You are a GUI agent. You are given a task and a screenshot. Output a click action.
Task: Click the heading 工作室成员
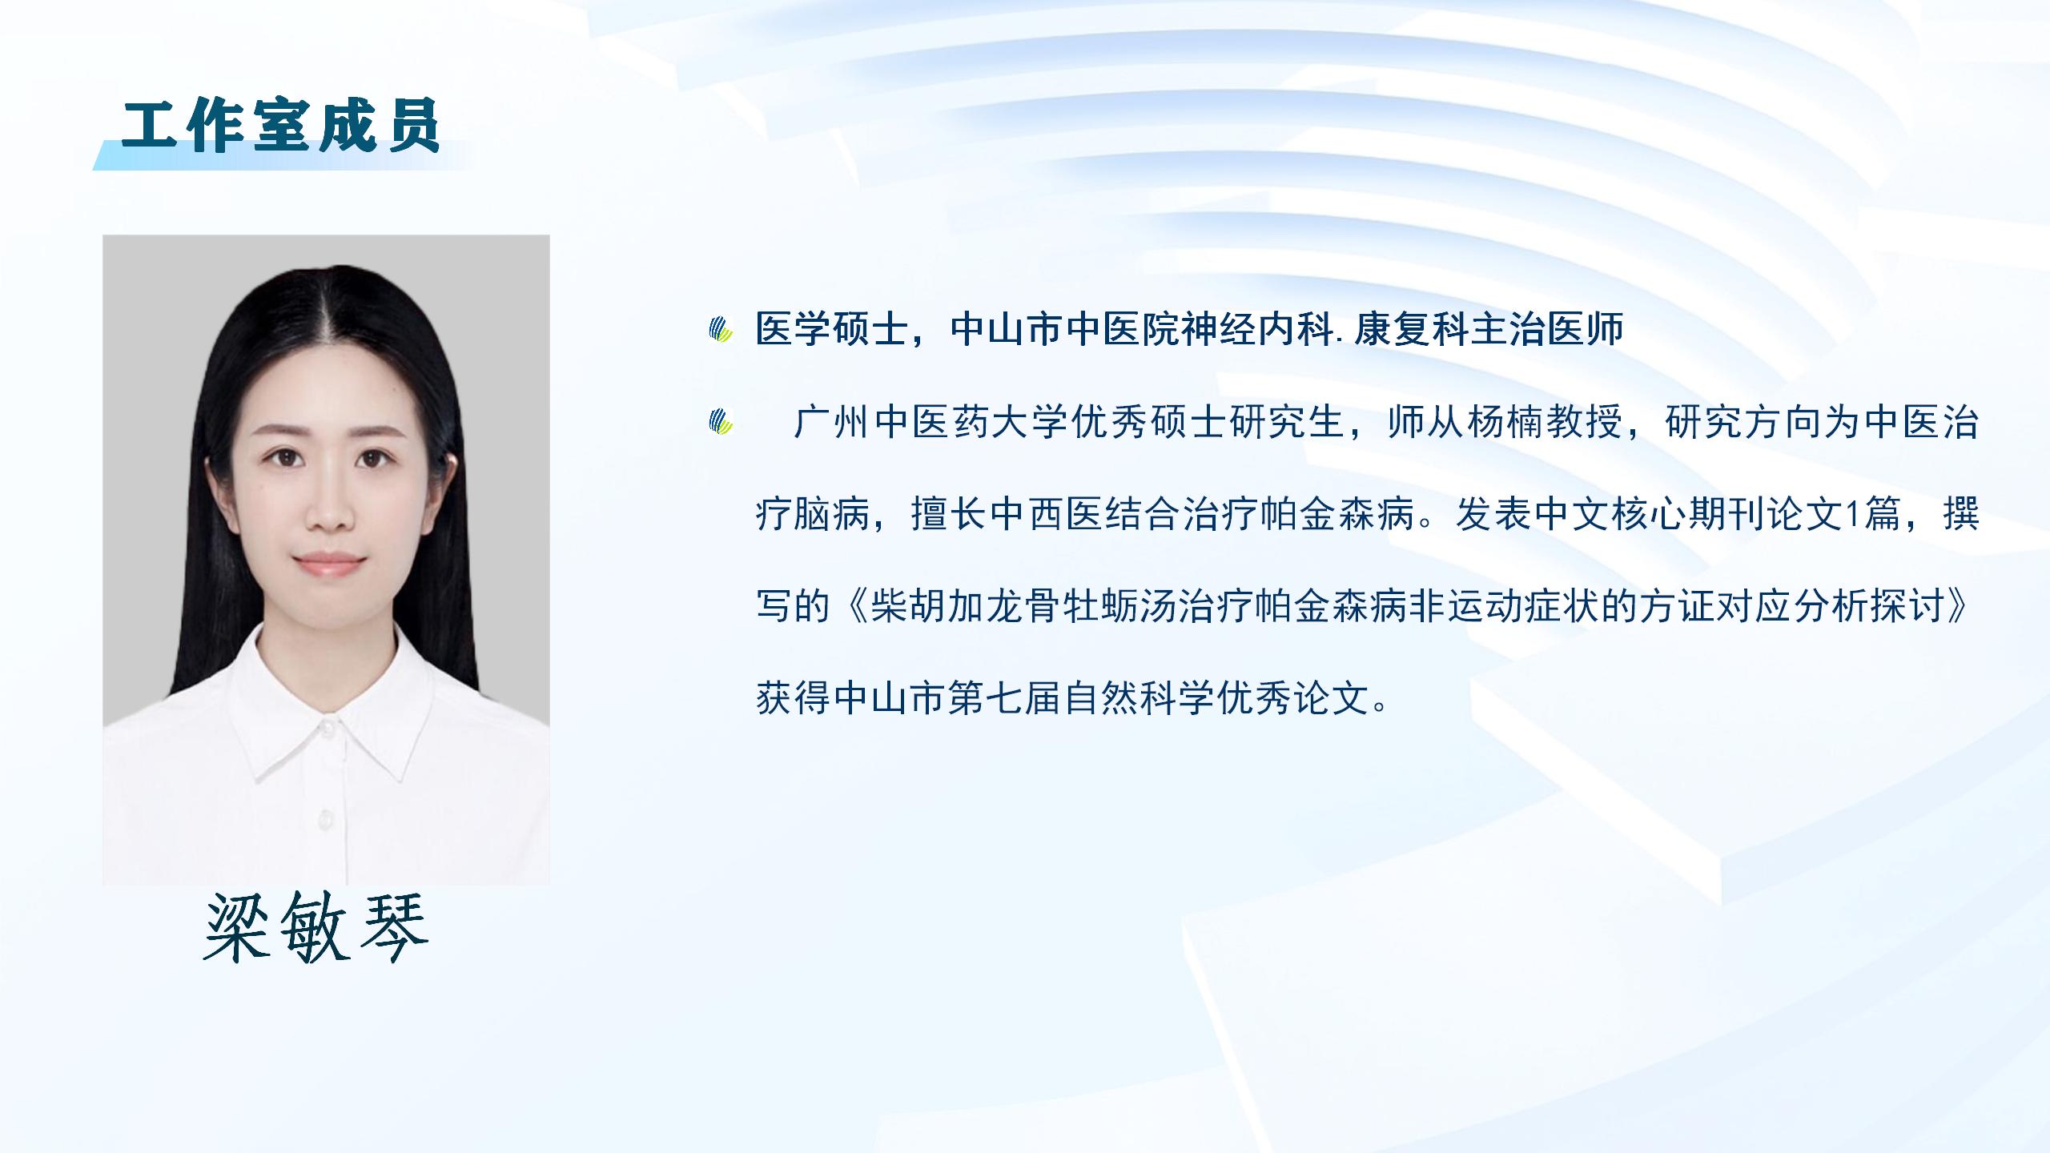click(x=281, y=126)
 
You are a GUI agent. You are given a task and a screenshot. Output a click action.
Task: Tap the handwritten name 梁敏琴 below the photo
click(x=317, y=926)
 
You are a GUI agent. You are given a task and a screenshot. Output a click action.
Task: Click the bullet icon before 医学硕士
click(x=722, y=330)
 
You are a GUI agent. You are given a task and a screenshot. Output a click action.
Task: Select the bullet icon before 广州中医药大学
click(x=722, y=422)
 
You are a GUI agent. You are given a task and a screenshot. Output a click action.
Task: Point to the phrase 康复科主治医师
click(x=1489, y=329)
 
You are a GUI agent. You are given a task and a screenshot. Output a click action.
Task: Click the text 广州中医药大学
click(x=931, y=423)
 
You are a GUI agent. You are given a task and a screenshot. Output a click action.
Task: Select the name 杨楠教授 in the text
click(x=1545, y=423)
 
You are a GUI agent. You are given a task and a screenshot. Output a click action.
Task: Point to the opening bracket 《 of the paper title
click(x=850, y=607)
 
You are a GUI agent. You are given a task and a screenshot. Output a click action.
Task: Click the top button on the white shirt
click(x=326, y=728)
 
